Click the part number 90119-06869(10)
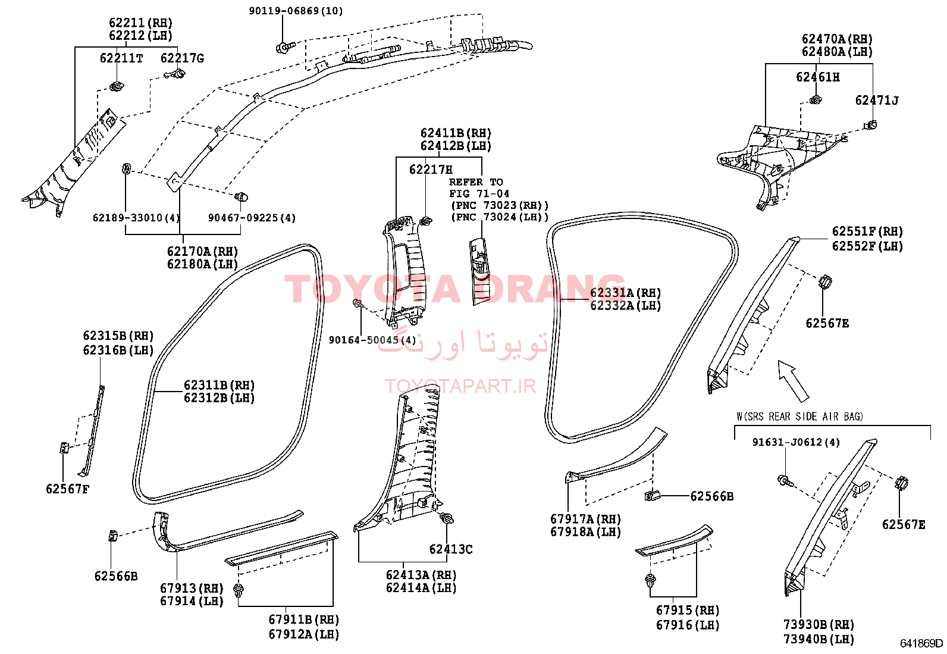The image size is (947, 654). tap(296, 11)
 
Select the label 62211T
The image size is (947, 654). tap(121, 58)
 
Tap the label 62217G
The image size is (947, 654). tap(182, 58)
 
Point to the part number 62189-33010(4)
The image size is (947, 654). tap(136, 218)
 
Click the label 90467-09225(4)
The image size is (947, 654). tap(252, 218)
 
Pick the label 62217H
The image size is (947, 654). tap(431, 170)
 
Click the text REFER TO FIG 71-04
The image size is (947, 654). tap(479, 188)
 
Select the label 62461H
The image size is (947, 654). tap(818, 77)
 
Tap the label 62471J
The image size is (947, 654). tap(877, 100)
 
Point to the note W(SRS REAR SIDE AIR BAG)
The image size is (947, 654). tap(799, 417)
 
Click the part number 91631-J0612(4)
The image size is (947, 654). tap(796, 442)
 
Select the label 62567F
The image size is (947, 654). tap(68, 489)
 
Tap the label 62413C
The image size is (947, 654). tap(451, 549)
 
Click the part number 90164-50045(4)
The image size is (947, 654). tap(372, 340)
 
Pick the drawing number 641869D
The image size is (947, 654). tap(921, 643)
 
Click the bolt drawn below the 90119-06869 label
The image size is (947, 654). tap(283, 47)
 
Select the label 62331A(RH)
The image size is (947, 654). tap(625, 293)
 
